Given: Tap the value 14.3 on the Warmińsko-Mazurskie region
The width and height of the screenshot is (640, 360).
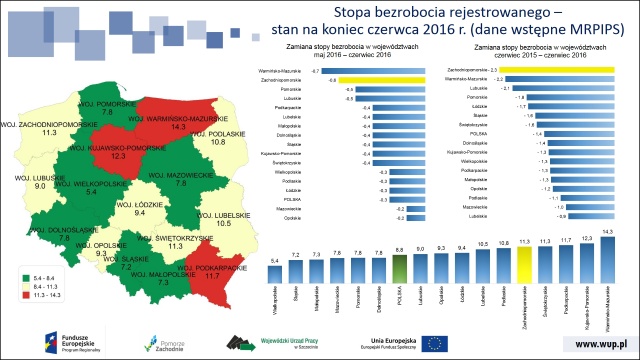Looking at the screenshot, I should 178,128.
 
